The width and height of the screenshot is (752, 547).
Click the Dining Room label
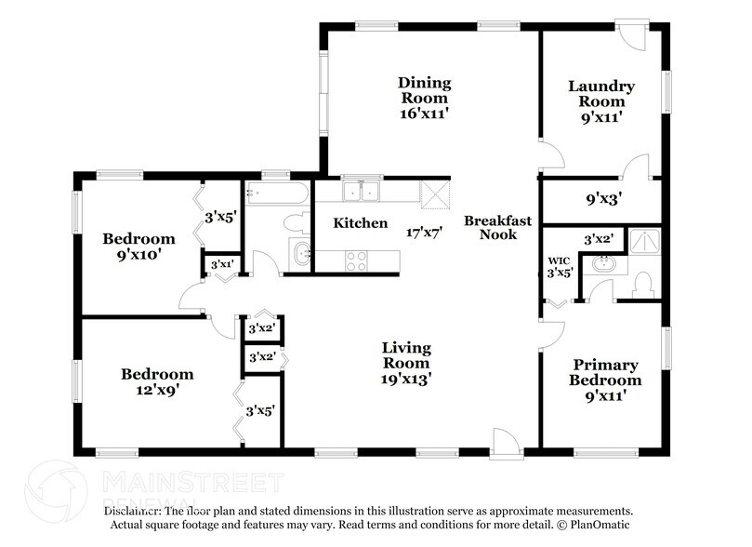pyautogui.click(x=423, y=98)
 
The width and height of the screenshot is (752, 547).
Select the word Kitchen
pyautogui.click(x=361, y=223)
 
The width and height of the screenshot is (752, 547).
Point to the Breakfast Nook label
pyautogui.click(x=497, y=228)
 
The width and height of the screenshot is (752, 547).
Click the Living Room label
pyautogui.click(x=406, y=363)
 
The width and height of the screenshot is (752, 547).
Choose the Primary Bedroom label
pyautogui.click(x=606, y=380)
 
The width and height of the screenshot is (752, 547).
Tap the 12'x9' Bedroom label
pyautogui.click(x=157, y=382)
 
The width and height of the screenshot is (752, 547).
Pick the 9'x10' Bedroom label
pyautogui.click(x=139, y=246)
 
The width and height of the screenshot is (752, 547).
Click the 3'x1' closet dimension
pyautogui.click(x=221, y=265)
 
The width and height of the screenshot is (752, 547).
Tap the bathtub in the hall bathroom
pyautogui.click(x=276, y=193)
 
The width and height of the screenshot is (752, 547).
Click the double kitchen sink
pyautogui.click(x=361, y=192)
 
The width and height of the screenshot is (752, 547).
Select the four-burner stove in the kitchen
pyautogui.click(x=357, y=260)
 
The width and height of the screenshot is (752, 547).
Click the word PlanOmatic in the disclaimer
pyautogui.click(x=609, y=525)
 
